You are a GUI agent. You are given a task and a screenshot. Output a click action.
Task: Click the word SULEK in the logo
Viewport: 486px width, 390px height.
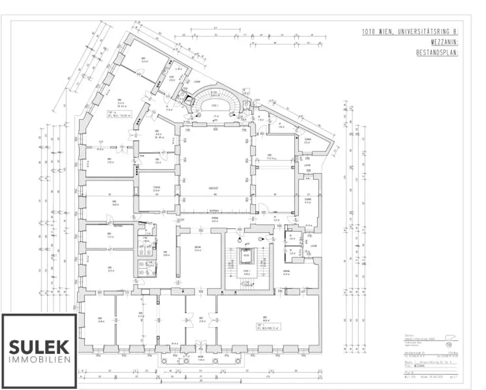click(x=39, y=346)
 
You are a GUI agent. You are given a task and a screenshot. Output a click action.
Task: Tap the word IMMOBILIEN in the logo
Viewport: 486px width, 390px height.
click(x=39, y=359)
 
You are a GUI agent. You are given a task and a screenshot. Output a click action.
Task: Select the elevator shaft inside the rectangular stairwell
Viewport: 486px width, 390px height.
click(x=246, y=257)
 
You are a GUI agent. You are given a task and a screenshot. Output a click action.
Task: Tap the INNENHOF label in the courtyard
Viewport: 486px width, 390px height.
click(x=213, y=189)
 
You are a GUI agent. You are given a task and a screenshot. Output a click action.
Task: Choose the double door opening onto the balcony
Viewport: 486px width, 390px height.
click(x=200, y=347)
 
